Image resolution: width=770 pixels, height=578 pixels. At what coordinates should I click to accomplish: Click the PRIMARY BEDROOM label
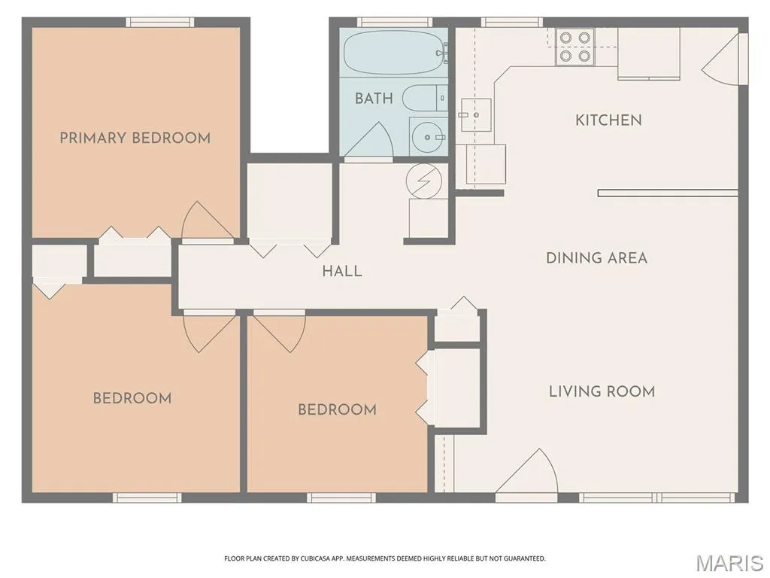[135, 138]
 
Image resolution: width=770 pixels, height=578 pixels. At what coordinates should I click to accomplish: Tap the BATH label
[374, 99]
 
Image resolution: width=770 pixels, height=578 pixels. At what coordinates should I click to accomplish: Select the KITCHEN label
[608, 120]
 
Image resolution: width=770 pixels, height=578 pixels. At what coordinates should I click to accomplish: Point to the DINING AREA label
[596, 257]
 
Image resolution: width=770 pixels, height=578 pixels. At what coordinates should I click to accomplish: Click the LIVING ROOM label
[602, 391]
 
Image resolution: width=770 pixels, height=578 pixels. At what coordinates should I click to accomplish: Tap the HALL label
[342, 271]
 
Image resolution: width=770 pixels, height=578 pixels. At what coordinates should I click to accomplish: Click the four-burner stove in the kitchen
[574, 47]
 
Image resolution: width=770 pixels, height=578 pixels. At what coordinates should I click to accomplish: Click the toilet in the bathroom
[426, 98]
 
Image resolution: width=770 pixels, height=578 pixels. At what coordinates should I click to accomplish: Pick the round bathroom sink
[428, 137]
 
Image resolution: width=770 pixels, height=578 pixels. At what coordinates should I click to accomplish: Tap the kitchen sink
[476, 114]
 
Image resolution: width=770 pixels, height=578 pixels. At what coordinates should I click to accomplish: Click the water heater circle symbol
[424, 181]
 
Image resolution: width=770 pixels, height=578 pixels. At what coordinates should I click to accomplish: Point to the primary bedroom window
[160, 22]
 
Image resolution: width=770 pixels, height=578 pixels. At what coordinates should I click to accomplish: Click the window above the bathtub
[394, 22]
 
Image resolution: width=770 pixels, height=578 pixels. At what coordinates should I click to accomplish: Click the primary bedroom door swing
[207, 221]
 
